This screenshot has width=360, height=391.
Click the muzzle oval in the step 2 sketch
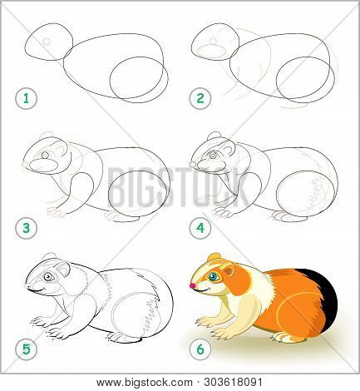coord(213,48)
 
